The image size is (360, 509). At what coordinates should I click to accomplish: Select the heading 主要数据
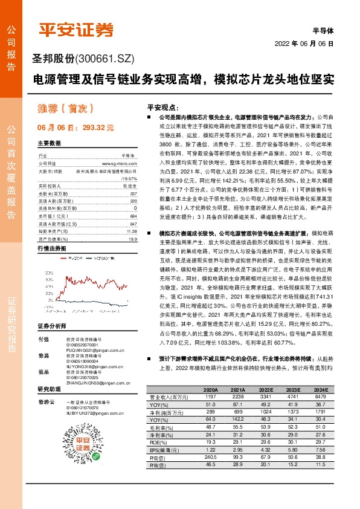coord(50,143)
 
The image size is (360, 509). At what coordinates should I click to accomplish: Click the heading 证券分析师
coord(52,309)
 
